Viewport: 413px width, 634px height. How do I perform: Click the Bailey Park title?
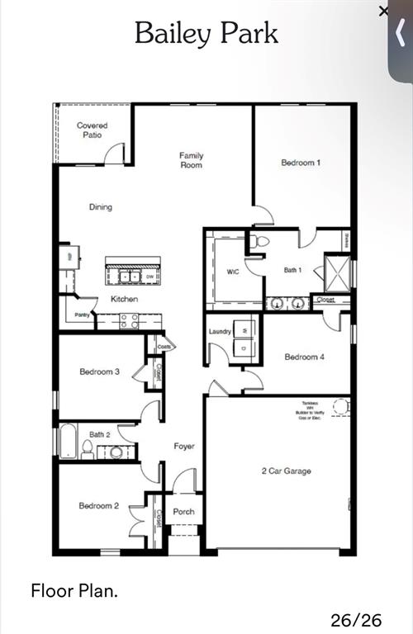[x=206, y=33]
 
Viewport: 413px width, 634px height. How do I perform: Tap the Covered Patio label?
[x=93, y=130]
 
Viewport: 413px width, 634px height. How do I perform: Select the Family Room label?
[x=192, y=160]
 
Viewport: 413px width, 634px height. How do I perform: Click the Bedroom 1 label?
[x=301, y=163]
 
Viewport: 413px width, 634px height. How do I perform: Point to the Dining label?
[x=101, y=207]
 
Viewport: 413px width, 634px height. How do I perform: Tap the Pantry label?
[x=82, y=315]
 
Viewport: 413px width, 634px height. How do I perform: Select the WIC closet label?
[x=232, y=272]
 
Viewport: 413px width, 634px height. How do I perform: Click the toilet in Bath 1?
[x=262, y=242]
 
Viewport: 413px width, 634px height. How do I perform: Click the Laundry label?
[x=220, y=331]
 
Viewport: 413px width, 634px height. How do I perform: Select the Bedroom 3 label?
[x=100, y=372]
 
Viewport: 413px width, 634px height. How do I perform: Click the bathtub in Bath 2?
[x=69, y=441]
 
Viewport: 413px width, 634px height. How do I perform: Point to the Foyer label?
[x=184, y=447]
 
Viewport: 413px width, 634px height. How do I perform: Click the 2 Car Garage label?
[x=287, y=471]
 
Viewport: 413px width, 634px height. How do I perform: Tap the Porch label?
[x=183, y=512]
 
